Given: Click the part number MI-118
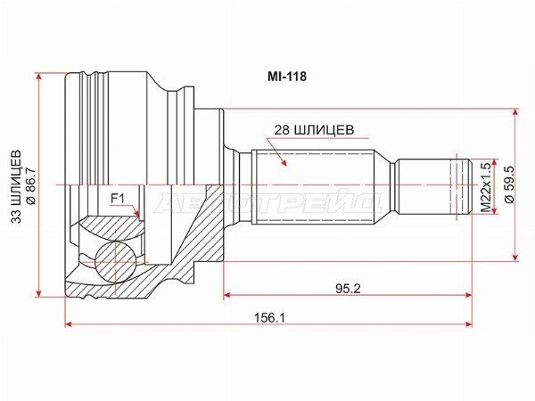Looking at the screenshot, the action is pyautogui.click(x=286, y=77).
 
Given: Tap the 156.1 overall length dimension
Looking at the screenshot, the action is pyautogui.click(x=269, y=318).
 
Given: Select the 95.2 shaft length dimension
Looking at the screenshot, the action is pyautogui.click(x=348, y=289).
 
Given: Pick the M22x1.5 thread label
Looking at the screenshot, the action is pyautogui.click(x=486, y=187).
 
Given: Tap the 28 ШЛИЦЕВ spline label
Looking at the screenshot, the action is pyautogui.click(x=314, y=130).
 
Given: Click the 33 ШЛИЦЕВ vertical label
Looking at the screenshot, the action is pyautogui.click(x=16, y=187).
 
